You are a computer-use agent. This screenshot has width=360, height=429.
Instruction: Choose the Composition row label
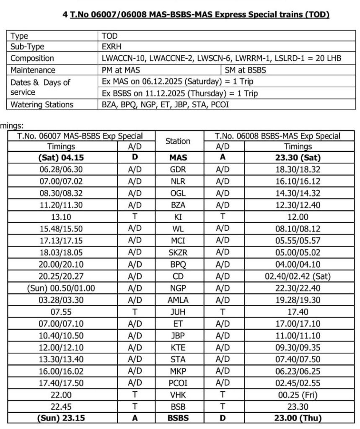point(32,58)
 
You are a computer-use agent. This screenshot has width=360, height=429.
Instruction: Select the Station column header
point(178,141)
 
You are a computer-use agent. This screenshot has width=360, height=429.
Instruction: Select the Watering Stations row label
point(41,104)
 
